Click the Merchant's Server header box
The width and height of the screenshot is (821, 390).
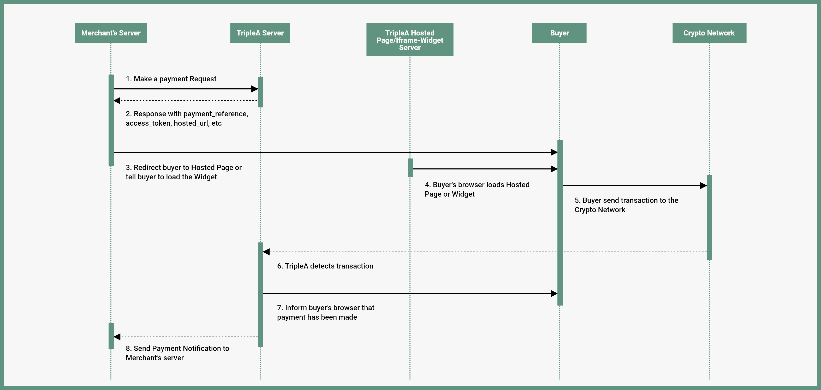111,33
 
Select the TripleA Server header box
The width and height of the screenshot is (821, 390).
260,33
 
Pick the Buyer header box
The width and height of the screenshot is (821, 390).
559,33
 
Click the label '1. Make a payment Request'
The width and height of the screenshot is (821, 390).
171,79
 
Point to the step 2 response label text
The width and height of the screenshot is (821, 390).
187,118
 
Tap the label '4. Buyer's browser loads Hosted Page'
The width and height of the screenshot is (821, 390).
477,190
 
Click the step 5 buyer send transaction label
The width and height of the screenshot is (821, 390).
626,205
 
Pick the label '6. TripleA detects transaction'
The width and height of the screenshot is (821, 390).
325,266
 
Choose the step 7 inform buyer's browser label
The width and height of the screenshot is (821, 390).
326,312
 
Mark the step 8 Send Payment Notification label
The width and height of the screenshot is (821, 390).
177,353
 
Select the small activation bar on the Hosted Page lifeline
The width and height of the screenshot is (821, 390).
410,167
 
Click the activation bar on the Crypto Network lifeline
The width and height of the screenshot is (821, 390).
709,217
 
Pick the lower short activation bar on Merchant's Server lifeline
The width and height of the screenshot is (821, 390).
111,336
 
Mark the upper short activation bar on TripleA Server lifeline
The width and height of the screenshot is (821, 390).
260,92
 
